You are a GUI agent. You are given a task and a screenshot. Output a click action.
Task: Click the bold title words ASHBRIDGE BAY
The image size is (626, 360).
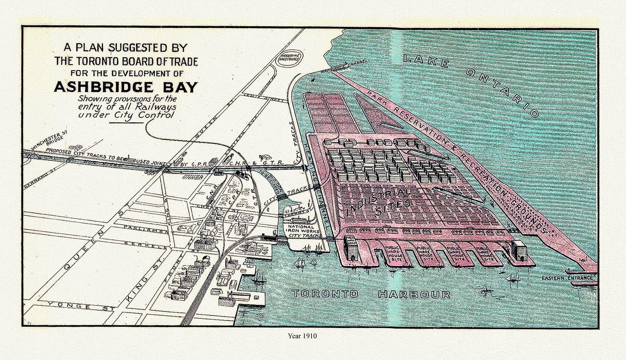coord(126,87)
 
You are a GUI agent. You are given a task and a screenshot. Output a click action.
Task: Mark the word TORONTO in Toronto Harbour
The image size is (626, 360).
coord(325,294)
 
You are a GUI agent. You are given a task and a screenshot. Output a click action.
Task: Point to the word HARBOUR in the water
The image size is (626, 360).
coord(414,295)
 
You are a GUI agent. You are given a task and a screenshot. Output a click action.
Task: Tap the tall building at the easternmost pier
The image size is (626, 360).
coord(519,250)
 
